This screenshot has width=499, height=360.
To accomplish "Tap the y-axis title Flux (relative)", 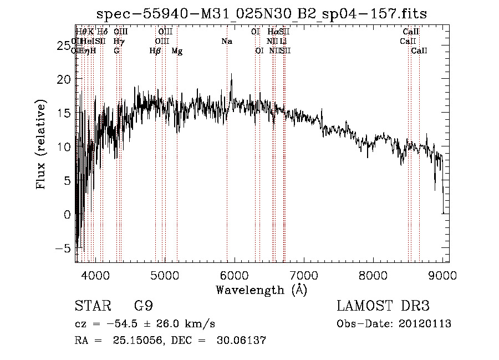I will pos(41,145).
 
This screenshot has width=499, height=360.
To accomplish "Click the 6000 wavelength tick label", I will pos(234,275).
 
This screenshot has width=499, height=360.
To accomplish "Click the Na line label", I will pos(226,41).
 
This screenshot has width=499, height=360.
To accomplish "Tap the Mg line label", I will pos(177,51).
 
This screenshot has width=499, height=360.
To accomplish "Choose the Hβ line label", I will pos(155,51).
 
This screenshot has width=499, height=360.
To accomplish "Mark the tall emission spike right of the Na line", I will pos(231,74).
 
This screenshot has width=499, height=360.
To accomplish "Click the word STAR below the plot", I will pos(92,307).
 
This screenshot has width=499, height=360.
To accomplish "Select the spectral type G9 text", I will pos(144,307).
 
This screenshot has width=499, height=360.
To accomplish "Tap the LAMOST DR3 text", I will pos(383,306).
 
